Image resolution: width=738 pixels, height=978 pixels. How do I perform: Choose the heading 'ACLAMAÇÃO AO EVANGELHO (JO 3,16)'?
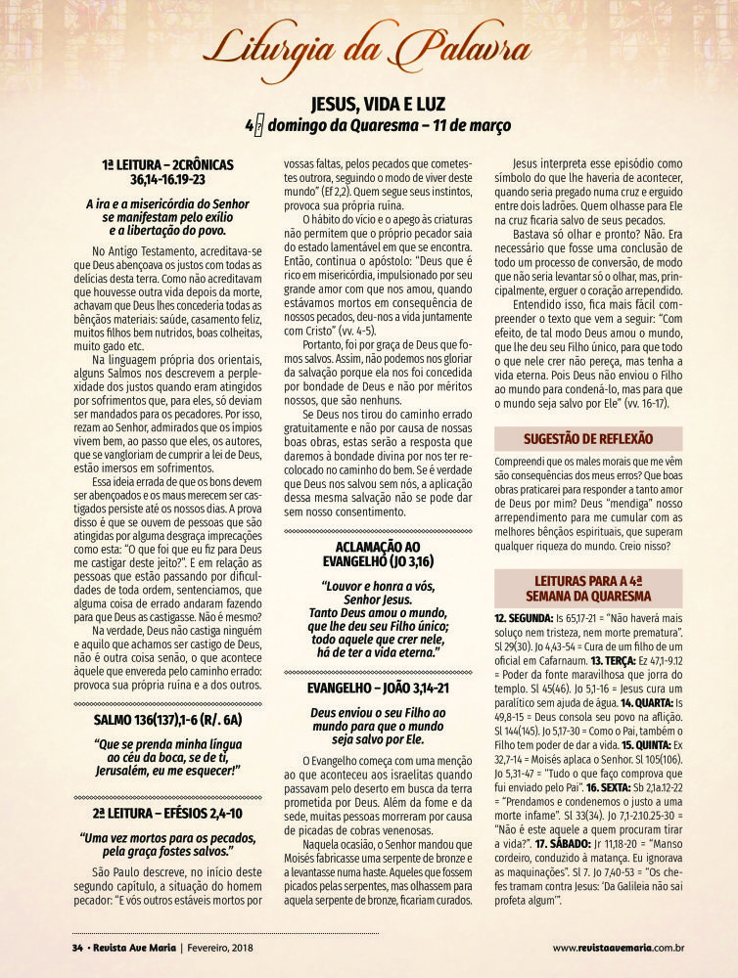point(377,554)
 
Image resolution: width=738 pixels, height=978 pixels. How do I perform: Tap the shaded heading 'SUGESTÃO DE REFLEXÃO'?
point(587,438)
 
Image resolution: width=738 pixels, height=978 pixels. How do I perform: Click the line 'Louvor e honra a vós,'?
point(377,586)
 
